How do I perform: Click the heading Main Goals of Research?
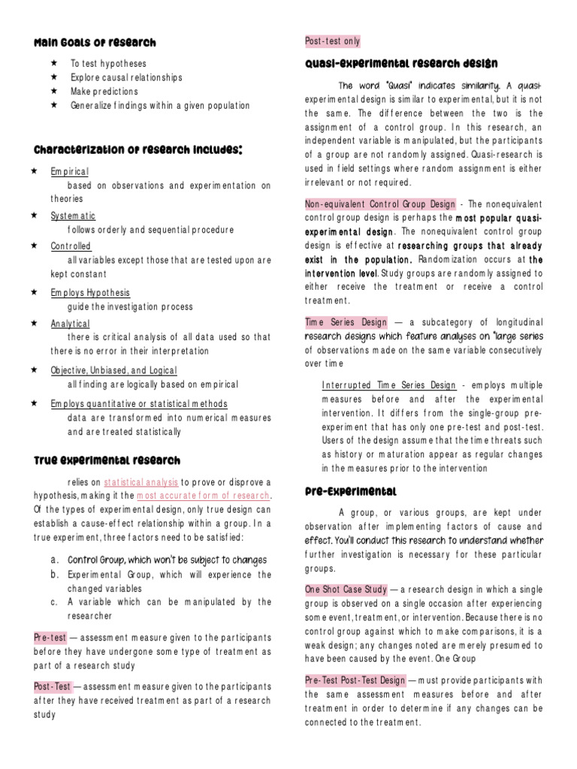(x=95, y=43)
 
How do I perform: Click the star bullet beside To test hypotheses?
(x=53, y=64)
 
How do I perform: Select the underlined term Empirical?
(x=70, y=171)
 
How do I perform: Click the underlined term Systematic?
(x=74, y=216)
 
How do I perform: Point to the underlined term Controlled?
(x=71, y=246)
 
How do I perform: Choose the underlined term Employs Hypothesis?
(x=90, y=293)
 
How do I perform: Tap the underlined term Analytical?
(x=70, y=324)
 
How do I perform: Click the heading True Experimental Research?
(x=107, y=460)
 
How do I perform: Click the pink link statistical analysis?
(x=140, y=482)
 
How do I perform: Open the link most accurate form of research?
(x=203, y=496)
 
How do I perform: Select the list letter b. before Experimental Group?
(x=55, y=574)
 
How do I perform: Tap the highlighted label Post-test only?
(x=333, y=41)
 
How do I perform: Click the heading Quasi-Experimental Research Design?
(x=401, y=63)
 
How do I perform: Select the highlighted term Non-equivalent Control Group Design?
(x=380, y=204)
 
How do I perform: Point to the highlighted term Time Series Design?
(x=344, y=322)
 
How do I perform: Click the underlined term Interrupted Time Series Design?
(x=388, y=385)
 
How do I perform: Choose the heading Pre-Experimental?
(x=351, y=491)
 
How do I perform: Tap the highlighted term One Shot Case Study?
(x=345, y=590)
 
